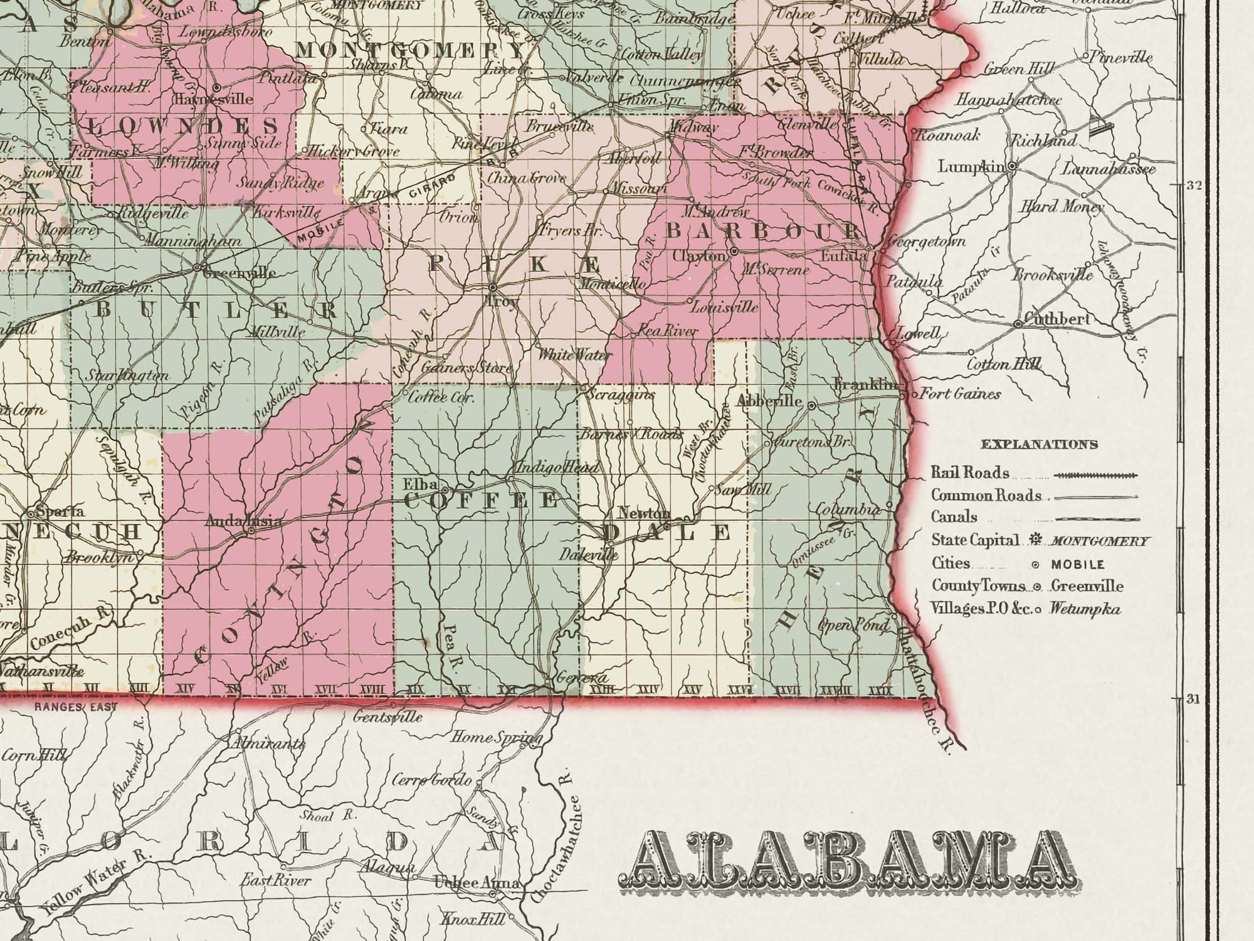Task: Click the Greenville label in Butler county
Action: coord(239,273)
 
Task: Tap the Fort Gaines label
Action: coord(960,394)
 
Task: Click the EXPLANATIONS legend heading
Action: coord(1039,445)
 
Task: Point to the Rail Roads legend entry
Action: coord(970,473)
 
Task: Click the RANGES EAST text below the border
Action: coord(75,707)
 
